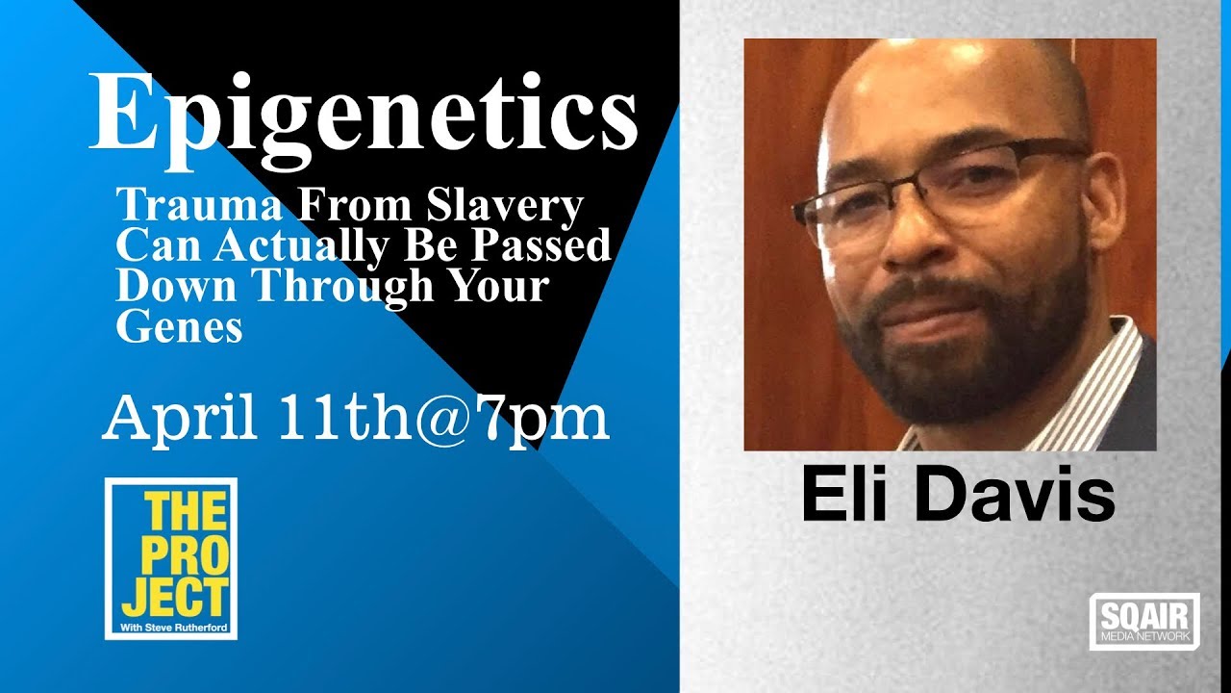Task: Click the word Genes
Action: point(179,328)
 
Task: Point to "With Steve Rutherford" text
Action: point(171,629)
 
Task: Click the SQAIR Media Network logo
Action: point(1144,621)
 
